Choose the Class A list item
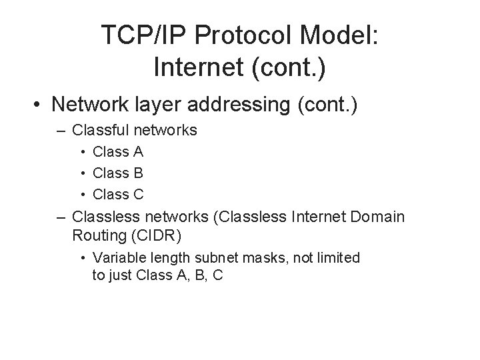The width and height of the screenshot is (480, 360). click(118, 152)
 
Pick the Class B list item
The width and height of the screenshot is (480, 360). click(118, 173)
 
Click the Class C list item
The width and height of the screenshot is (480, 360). click(118, 195)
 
